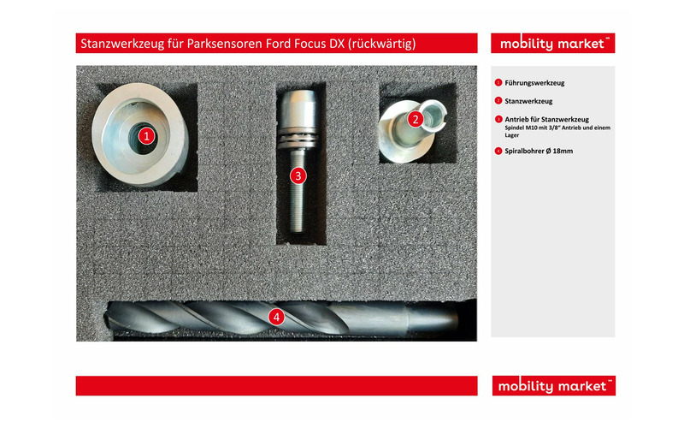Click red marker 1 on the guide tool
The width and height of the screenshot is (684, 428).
point(147,135)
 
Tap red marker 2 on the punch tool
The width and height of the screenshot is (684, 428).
point(415,119)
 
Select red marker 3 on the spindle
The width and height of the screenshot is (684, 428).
point(298,175)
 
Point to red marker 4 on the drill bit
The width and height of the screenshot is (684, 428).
point(275,317)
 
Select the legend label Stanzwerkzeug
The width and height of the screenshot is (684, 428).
point(528,101)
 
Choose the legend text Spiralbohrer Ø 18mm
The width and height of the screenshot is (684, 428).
point(540,151)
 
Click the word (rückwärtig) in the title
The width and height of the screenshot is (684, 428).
point(385,44)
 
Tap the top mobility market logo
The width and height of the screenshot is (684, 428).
point(552,44)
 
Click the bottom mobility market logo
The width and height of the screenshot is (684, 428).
point(552,386)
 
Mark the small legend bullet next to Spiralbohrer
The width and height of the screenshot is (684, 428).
point(498,152)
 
